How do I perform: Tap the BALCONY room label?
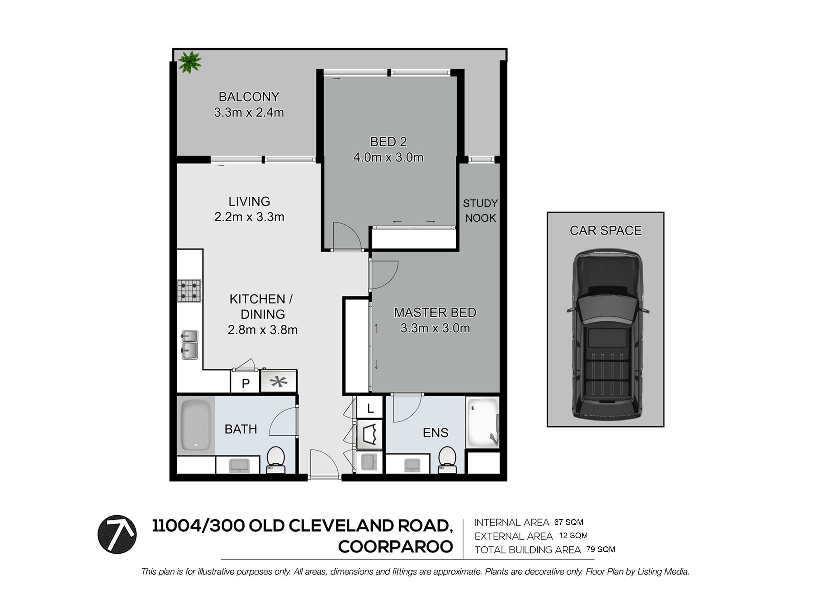pos(249,97)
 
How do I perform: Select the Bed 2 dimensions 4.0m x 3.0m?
pos(388,158)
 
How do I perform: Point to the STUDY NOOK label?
pos(480,210)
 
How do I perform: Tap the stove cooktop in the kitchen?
pos(189,291)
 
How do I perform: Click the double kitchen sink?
pos(189,345)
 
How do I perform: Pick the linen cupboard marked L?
pos(370,408)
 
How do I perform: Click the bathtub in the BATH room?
pos(195,426)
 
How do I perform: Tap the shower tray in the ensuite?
pos(483,423)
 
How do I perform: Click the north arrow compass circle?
pos(117,534)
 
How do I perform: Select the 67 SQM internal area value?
pos(568,522)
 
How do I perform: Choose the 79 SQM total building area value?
pos(601,550)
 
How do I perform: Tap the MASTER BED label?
pos(435,313)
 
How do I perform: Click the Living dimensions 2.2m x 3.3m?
pos(249,217)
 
